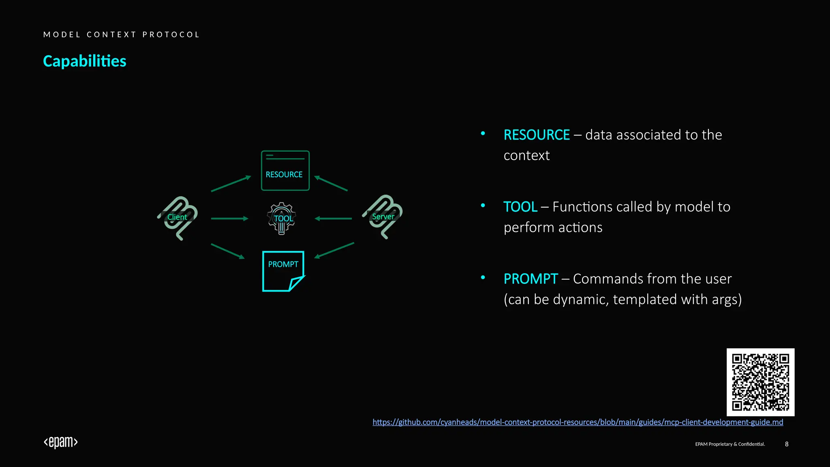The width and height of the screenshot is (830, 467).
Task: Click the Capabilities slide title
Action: (x=85, y=61)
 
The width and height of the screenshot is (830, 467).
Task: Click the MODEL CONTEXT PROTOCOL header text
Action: (x=122, y=34)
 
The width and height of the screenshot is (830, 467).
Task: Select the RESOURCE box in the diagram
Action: (x=285, y=171)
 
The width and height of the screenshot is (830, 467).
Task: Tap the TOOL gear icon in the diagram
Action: (x=282, y=219)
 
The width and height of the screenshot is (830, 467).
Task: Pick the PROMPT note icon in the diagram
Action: (x=283, y=271)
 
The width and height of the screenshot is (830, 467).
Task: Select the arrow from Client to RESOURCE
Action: (x=231, y=184)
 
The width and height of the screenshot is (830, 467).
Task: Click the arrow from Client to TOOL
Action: (x=229, y=219)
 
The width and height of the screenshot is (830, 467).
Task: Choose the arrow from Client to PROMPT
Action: (x=228, y=251)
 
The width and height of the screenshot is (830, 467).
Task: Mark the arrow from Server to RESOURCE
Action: (x=331, y=183)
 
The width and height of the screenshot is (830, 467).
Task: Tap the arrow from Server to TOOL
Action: (x=333, y=219)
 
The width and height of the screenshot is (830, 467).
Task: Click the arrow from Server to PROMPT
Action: (x=334, y=250)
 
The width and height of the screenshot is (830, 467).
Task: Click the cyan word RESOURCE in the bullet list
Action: (x=537, y=135)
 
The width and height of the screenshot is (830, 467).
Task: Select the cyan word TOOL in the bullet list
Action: (x=520, y=207)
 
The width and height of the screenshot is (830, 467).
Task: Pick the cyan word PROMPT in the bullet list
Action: (x=531, y=279)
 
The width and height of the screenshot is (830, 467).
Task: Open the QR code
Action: (x=760, y=382)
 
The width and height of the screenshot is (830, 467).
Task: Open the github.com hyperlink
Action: (x=578, y=422)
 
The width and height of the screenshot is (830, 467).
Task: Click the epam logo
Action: (x=61, y=442)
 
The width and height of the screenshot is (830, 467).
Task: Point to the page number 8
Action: (x=787, y=444)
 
